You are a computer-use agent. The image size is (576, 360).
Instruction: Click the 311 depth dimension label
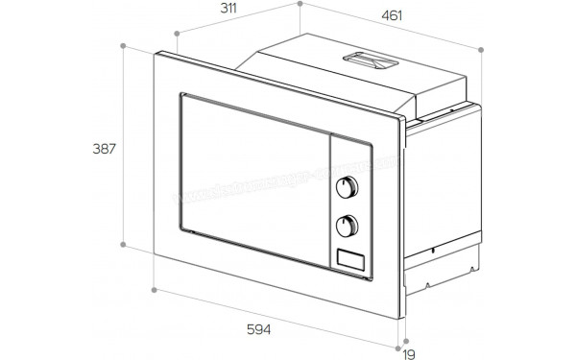pyautogui.click(x=228, y=9)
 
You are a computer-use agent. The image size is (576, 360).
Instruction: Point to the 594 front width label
pyautogui.click(x=256, y=330)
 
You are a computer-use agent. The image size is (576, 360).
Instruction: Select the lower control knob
pyautogui.click(x=348, y=227)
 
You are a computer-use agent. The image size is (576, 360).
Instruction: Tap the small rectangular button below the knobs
pyautogui.click(x=350, y=256)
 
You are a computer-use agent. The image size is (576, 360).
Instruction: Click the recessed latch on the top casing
pyautogui.click(x=370, y=60)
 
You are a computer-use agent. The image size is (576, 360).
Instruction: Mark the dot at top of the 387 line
pyautogui.click(x=124, y=45)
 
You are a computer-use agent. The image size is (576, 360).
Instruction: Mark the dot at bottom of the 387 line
pyautogui.click(x=124, y=245)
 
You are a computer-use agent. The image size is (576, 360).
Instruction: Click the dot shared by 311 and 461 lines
pyautogui.click(x=300, y=4)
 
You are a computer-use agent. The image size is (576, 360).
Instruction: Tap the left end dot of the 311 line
pyautogui.click(x=178, y=34)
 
